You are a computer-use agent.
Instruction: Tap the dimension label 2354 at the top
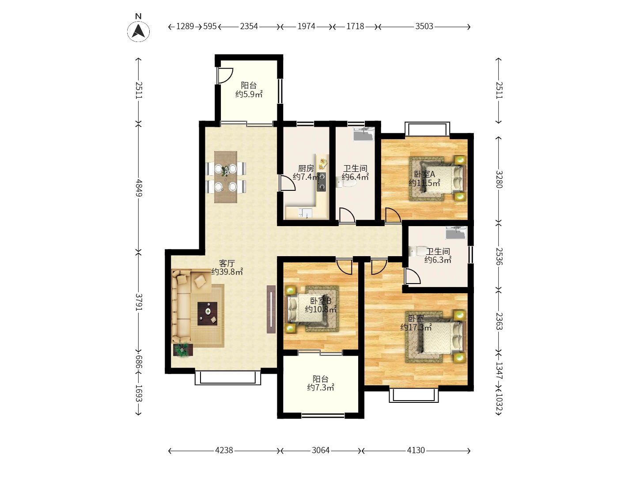249,26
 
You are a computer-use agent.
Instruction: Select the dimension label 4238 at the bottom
223,450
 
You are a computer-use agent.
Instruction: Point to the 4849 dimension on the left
139,188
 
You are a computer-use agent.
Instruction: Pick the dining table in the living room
225,177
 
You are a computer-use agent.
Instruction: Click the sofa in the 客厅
185,306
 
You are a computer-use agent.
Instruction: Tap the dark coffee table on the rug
207,314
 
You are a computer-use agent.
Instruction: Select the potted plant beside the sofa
182,350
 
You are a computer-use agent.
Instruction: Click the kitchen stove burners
321,182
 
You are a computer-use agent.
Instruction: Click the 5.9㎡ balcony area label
249,94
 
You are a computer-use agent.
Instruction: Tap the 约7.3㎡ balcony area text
320,387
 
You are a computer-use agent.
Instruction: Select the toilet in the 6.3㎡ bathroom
417,251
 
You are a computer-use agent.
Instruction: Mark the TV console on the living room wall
271,309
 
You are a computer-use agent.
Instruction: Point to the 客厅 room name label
227,263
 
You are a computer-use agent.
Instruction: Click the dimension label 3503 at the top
424,26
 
